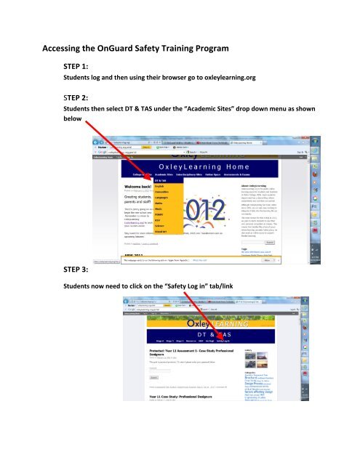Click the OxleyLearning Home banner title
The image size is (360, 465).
207,166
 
